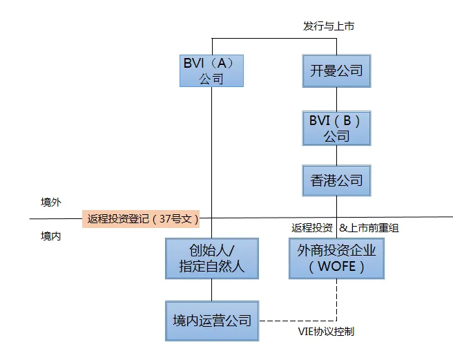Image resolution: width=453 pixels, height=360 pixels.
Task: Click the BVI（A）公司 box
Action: click(x=211, y=70)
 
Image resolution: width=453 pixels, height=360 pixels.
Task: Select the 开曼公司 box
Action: click(x=336, y=70)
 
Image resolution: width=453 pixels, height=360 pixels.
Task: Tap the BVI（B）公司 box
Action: click(x=336, y=128)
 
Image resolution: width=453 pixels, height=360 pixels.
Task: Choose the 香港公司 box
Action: click(x=336, y=180)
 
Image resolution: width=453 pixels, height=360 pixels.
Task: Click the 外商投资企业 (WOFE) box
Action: click(x=336, y=258)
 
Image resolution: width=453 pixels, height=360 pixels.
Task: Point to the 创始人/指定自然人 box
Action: click(x=212, y=258)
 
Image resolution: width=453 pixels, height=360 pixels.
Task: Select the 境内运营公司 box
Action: click(x=212, y=321)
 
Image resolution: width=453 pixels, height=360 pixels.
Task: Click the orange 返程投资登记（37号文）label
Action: click(x=142, y=219)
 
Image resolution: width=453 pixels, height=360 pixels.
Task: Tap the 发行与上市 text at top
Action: click(x=329, y=26)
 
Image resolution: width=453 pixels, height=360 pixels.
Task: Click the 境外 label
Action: click(x=51, y=202)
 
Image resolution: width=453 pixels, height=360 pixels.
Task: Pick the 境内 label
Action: click(x=51, y=236)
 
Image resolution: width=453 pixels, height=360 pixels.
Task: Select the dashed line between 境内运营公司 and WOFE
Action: click(x=297, y=321)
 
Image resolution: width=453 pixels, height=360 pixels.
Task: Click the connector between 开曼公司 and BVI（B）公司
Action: click(x=336, y=99)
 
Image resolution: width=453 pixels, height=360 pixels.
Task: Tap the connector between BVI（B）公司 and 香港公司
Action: click(x=336, y=155)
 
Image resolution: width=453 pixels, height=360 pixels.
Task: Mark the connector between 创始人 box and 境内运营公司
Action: click(x=212, y=290)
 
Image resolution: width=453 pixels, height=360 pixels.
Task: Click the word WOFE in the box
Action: click(x=337, y=266)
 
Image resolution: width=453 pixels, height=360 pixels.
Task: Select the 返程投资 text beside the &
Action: click(x=312, y=228)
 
